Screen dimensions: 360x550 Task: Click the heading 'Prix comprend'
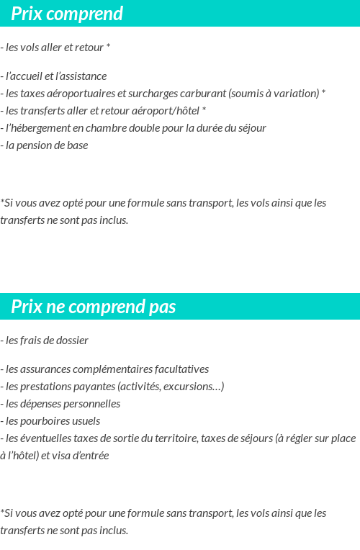(67, 14)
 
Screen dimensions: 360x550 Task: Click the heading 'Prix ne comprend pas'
(93, 307)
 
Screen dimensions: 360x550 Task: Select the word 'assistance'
(83, 76)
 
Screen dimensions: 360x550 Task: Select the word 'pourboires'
(47, 421)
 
